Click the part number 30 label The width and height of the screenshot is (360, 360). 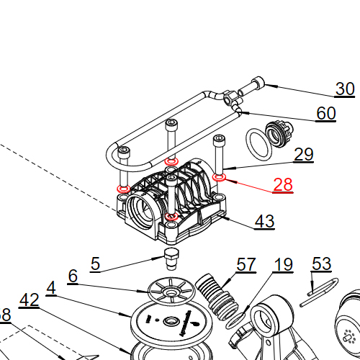pos(346,89)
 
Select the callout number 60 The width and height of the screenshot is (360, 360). pos(326,114)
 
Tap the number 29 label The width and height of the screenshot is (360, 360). pos(304,155)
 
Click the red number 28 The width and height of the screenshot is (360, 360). pos(283,185)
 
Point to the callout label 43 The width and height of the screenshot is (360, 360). pos(264,222)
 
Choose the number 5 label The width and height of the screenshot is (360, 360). pos(95,264)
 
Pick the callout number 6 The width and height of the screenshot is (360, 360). pos(73,276)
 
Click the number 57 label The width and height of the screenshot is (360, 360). pos(246,265)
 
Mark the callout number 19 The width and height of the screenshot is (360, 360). pos(284,265)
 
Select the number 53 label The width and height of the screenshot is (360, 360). pos(321,265)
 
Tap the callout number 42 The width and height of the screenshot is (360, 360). pos(29,300)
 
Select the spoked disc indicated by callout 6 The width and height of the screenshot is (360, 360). pos(170,292)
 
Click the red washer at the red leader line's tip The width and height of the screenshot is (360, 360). pos(220,176)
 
